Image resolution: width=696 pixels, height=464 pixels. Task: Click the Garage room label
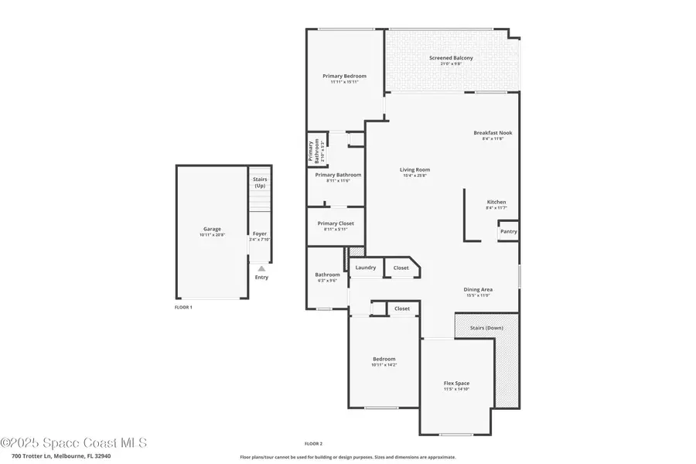pyautogui.click(x=212, y=229)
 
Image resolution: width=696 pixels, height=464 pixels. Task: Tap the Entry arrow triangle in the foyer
pyautogui.click(x=261, y=268)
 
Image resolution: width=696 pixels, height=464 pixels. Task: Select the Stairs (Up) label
pyautogui.click(x=260, y=183)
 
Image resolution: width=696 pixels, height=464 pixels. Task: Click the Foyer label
pyautogui.click(x=260, y=234)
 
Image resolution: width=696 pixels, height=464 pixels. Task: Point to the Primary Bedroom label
pyautogui.click(x=344, y=76)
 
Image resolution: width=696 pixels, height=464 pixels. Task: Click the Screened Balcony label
pyautogui.click(x=451, y=58)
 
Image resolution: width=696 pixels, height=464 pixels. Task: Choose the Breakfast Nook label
pyautogui.click(x=493, y=133)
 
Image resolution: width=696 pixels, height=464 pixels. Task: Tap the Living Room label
pyautogui.click(x=415, y=170)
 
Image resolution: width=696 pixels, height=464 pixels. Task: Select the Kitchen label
pyautogui.click(x=496, y=203)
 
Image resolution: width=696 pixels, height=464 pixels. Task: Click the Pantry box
pyautogui.click(x=508, y=231)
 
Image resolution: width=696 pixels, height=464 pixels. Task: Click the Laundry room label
pyautogui.click(x=365, y=268)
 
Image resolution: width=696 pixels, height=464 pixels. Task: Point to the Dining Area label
pyautogui.click(x=479, y=290)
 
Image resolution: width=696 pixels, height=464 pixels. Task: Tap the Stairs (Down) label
pyautogui.click(x=486, y=328)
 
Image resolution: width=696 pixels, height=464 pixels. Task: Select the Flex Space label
pyautogui.click(x=456, y=384)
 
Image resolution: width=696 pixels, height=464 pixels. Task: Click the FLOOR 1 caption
pyautogui.click(x=183, y=307)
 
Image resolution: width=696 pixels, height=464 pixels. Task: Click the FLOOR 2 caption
pyautogui.click(x=312, y=443)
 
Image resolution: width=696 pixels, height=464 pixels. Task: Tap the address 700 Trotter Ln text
pyautogui.click(x=56, y=456)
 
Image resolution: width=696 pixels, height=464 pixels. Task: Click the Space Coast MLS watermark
pyautogui.click(x=73, y=443)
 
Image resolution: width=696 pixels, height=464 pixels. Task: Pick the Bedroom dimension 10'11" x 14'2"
pyautogui.click(x=384, y=365)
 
